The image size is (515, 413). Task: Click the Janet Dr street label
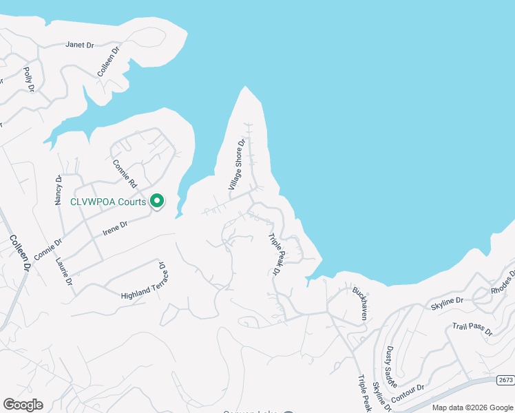pos(79,45)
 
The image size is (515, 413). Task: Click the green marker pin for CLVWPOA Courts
pos(157,201)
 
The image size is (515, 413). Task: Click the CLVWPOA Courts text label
pos(108,202)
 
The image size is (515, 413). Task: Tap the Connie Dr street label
pos(48,249)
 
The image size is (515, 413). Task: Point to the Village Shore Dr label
pos(237,165)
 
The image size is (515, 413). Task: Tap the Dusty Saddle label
pos(390,366)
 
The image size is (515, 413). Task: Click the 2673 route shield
pos(505,380)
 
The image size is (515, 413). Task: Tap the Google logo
pos(23,405)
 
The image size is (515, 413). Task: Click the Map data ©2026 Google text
pos(472,408)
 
